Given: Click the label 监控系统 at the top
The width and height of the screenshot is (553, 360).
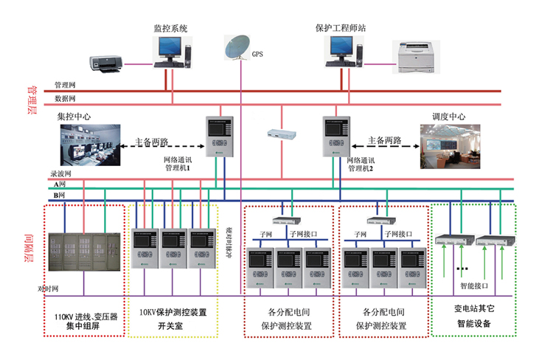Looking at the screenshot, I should (170, 28).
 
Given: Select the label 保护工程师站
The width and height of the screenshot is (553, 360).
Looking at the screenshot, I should (340, 28).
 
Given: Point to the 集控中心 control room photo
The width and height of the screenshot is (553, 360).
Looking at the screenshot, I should (90, 142).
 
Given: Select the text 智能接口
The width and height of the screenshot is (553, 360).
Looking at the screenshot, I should (473, 283).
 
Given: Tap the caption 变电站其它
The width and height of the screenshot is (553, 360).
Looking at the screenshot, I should (473, 310).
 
